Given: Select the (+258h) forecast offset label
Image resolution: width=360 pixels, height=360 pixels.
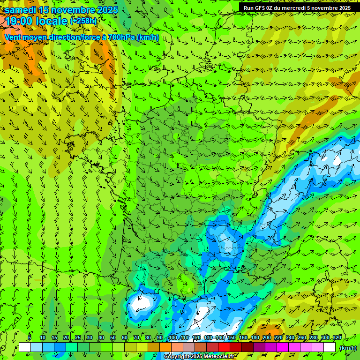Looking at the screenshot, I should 83,21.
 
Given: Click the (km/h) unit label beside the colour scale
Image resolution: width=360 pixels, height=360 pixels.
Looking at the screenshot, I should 347,347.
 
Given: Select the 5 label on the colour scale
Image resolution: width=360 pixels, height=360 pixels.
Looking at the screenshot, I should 30,338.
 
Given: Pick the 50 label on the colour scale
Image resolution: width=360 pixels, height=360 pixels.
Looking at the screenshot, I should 113,338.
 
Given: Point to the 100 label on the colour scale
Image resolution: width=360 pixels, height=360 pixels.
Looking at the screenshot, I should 173,338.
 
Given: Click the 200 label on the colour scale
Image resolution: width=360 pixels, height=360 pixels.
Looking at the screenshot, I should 267,338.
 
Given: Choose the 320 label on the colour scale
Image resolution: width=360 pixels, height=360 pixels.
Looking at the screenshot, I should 337,338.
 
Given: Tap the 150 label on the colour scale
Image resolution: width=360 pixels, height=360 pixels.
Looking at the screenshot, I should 232,338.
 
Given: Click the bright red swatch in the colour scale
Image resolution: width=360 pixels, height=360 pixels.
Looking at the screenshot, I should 224,347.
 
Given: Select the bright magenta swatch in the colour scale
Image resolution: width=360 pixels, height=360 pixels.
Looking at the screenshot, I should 283,347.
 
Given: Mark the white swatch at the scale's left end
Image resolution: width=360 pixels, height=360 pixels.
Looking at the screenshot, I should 25,347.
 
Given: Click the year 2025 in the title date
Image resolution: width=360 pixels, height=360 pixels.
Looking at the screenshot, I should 105,10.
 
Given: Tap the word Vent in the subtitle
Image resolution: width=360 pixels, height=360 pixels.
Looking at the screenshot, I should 13,37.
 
